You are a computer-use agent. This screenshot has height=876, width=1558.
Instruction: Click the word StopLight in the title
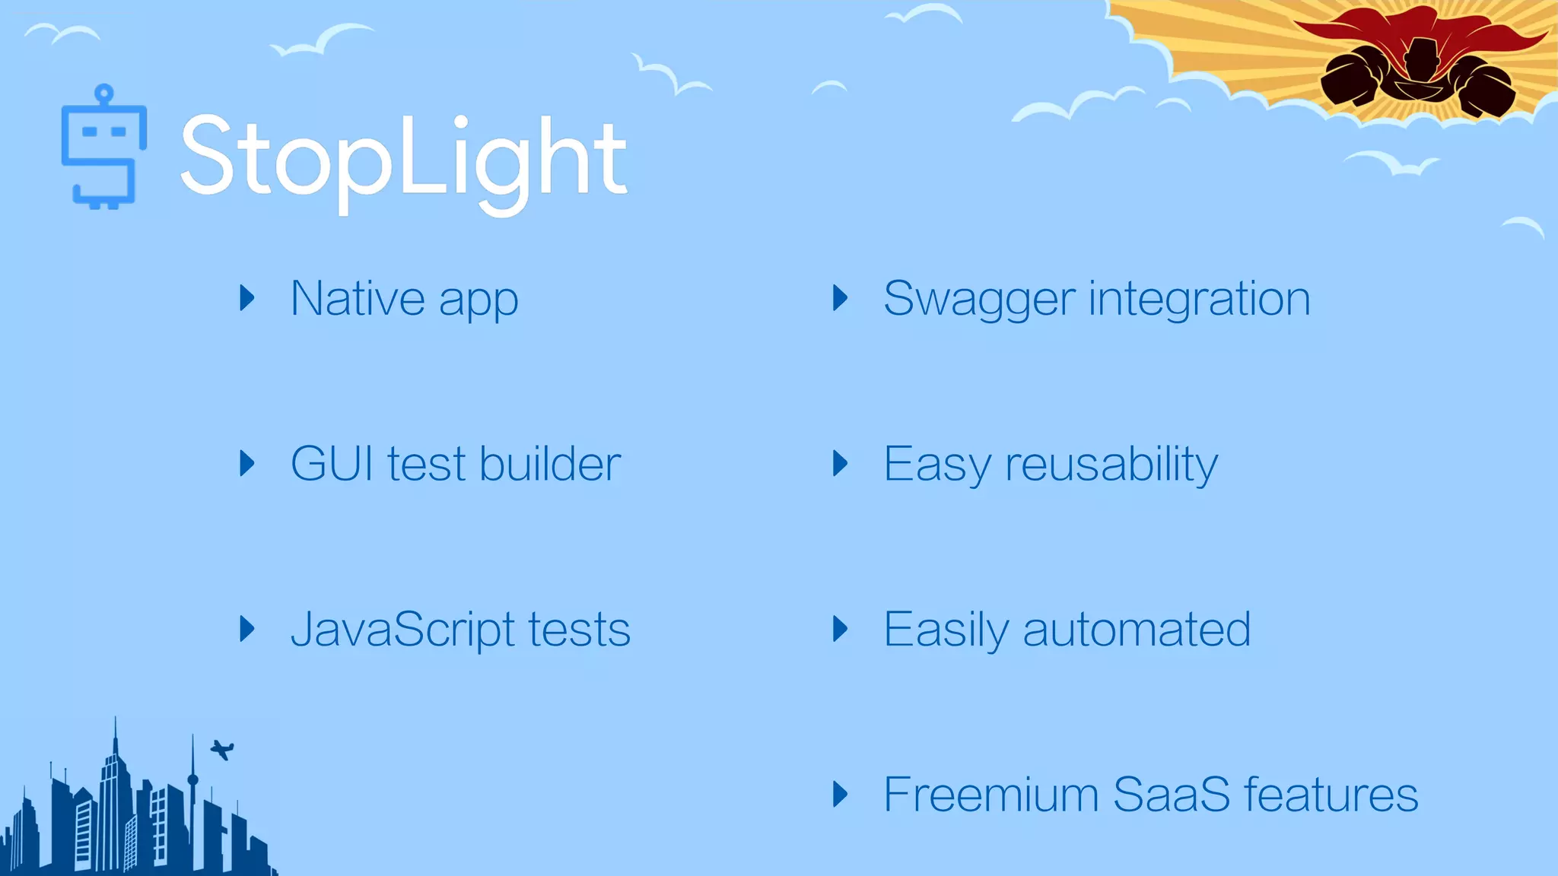point(403,158)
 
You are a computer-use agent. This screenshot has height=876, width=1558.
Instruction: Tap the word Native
point(358,298)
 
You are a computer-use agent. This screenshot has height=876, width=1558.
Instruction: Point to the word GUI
point(332,464)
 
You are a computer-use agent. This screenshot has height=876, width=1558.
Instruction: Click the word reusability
point(1111,465)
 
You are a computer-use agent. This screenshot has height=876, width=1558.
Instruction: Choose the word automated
point(1137,630)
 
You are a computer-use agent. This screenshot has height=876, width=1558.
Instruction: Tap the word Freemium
point(991,795)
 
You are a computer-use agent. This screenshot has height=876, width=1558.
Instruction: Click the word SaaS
point(1171,795)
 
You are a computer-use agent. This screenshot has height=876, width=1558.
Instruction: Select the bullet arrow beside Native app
point(246,298)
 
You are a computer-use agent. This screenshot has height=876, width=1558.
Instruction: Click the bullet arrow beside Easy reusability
point(840,464)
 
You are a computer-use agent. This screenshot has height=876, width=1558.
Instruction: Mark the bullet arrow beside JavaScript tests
point(246,629)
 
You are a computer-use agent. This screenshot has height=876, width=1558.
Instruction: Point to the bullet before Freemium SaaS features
point(840,795)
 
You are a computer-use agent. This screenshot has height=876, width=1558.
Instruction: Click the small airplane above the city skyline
point(222,750)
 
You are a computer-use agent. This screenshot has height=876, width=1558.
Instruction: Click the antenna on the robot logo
point(104,95)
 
